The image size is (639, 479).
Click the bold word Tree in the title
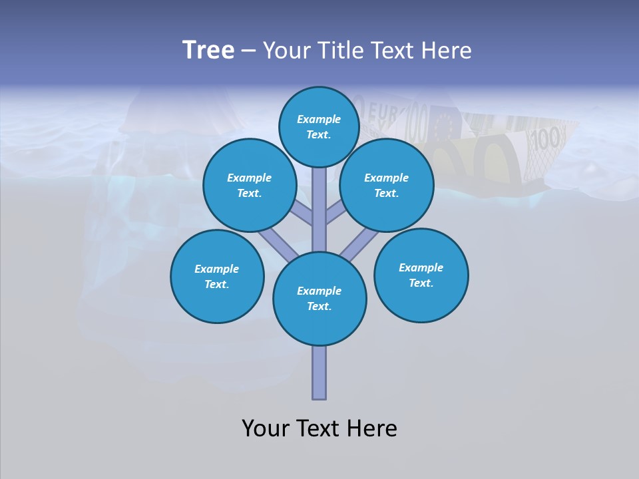(208, 51)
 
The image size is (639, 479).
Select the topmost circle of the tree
(319, 126)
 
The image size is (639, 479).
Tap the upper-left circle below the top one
(249, 185)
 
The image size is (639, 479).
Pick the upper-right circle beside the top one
(387, 185)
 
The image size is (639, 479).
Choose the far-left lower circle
(217, 276)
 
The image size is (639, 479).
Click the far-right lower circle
(421, 275)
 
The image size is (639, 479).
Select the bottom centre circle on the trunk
(319, 299)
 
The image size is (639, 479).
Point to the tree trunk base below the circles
(319, 376)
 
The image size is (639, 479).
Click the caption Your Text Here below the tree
(319, 428)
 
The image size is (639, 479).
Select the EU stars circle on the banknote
(442, 126)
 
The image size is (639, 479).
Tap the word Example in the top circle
(319, 119)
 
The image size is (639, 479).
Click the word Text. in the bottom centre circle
(319, 306)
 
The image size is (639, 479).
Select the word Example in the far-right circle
(421, 267)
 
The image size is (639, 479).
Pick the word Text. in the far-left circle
(217, 284)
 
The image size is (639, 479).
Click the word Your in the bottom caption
(264, 428)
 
